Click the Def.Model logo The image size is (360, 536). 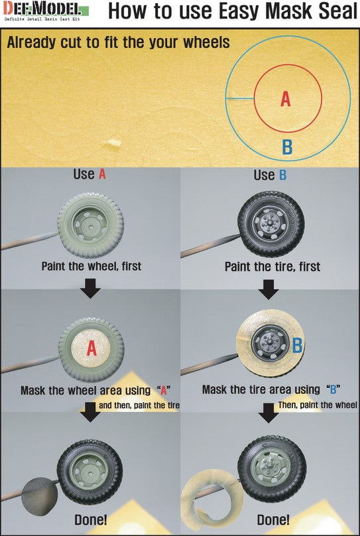click(46, 11)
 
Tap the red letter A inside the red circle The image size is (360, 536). click(286, 100)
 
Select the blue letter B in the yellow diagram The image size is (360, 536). click(287, 147)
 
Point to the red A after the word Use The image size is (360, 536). click(102, 174)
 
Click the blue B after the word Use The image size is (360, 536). click(282, 175)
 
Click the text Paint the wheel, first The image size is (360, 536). click(91, 266)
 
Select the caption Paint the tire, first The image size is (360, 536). click(272, 267)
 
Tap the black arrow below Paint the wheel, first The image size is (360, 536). click(90, 288)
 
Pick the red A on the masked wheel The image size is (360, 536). click(91, 348)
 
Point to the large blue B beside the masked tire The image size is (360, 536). click(297, 345)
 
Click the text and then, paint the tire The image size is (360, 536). click(139, 405)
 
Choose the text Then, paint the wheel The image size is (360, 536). click(318, 405)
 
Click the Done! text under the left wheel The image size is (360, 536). click(91, 520)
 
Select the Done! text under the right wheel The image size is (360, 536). click(273, 520)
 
